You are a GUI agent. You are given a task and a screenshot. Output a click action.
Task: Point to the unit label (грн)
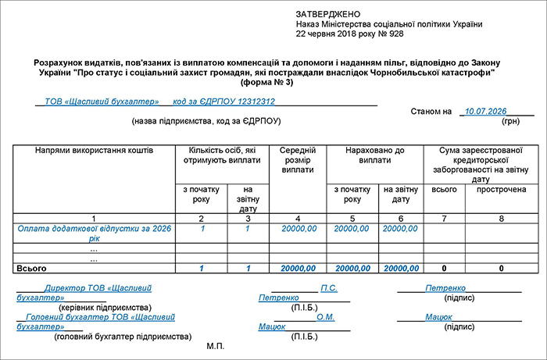coord(511,122)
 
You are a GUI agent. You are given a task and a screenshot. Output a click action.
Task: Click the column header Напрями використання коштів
coord(95,149)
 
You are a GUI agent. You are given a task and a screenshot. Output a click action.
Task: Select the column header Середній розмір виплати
coord(298,159)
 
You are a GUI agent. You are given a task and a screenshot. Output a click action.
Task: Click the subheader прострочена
coord(501,189)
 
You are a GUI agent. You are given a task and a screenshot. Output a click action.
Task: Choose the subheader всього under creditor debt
coord(444,189)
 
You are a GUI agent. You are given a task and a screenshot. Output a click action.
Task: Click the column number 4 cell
coord(298,217)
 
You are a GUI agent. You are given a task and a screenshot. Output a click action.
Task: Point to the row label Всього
coord(30,268)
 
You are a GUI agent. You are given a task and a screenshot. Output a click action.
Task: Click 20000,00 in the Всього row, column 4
coord(298,268)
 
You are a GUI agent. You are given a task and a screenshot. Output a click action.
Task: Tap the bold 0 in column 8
coord(501,268)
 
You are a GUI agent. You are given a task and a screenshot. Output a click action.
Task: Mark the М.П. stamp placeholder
coord(216,345)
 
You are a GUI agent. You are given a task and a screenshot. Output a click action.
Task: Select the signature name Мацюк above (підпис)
coord(439,317)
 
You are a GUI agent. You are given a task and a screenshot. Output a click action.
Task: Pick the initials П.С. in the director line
coord(329,288)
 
